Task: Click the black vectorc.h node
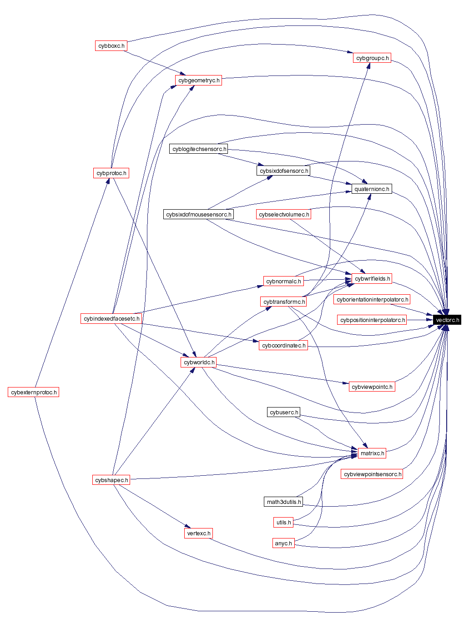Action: [x=447, y=320]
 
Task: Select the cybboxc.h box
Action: [x=111, y=45]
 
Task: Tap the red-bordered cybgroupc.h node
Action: [x=372, y=58]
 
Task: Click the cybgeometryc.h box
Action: [x=198, y=80]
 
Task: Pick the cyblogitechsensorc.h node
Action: [x=199, y=149]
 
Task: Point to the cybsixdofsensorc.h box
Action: [x=283, y=171]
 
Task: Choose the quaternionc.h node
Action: [x=371, y=189]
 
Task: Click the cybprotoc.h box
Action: [x=111, y=173]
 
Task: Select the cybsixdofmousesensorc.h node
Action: [x=198, y=214]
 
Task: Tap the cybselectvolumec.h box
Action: [x=283, y=214]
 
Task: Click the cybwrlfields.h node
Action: [x=372, y=278]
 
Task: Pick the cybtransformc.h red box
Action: [x=283, y=302]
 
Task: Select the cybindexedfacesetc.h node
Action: [x=111, y=318]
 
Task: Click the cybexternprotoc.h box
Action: [x=33, y=392]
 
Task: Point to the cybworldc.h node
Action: [x=198, y=362]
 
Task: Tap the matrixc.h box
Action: [x=372, y=453]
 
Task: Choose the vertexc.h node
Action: [x=198, y=533]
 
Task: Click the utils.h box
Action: [x=283, y=522]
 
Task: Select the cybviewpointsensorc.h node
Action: [x=372, y=474]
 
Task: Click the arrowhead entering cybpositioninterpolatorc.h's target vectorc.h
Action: [x=430, y=320]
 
